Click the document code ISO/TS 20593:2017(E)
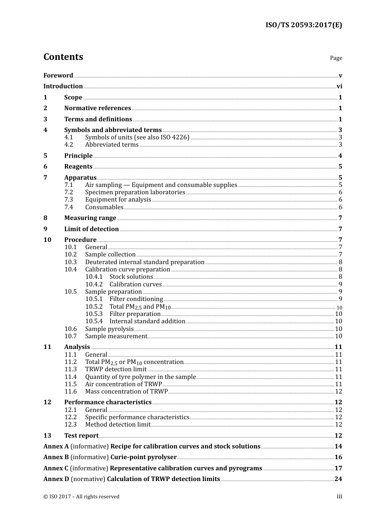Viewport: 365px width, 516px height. coord(304,25)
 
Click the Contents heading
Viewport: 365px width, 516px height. coord(63,57)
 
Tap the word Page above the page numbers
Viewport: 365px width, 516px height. coord(336,58)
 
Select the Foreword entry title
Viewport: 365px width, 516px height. coord(58,76)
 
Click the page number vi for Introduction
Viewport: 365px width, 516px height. coord(339,86)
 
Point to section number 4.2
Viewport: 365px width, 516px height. coord(69,145)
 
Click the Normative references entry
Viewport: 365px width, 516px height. coord(98,108)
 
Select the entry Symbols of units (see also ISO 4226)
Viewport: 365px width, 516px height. coord(137,137)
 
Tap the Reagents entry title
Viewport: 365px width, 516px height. coord(78,167)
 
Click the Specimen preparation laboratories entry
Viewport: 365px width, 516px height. coord(135,192)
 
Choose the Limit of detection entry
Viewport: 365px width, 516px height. coord(91,229)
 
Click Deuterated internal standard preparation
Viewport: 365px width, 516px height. coord(145,262)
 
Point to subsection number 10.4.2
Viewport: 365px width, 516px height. coord(94,284)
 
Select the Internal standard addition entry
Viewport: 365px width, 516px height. coord(147,321)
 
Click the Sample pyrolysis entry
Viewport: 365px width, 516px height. coord(109,329)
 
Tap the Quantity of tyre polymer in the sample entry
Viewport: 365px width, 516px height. coord(140,377)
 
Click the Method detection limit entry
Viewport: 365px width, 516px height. coord(118,425)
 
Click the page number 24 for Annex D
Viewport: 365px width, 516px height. coord(338,479)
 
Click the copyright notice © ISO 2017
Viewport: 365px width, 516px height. coord(81,497)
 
